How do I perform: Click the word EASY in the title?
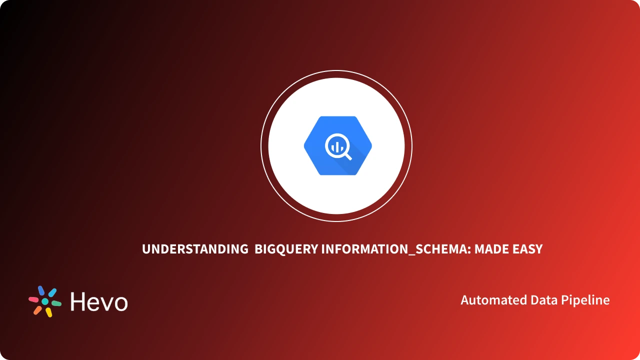[x=527, y=249]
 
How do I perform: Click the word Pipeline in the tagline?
[x=586, y=300]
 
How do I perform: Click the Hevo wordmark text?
[x=99, y=301]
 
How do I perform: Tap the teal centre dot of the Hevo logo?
[x=45, y=302]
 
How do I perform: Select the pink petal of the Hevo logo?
[x=33, y=299]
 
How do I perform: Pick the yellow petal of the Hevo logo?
[x=49, y=312]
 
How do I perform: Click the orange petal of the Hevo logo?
[x=37, y=310]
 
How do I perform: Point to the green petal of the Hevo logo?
[x=56, y=303]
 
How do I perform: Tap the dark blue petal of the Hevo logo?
[x=41, y=291]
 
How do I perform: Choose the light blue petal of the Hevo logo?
[x=52, y=292]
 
